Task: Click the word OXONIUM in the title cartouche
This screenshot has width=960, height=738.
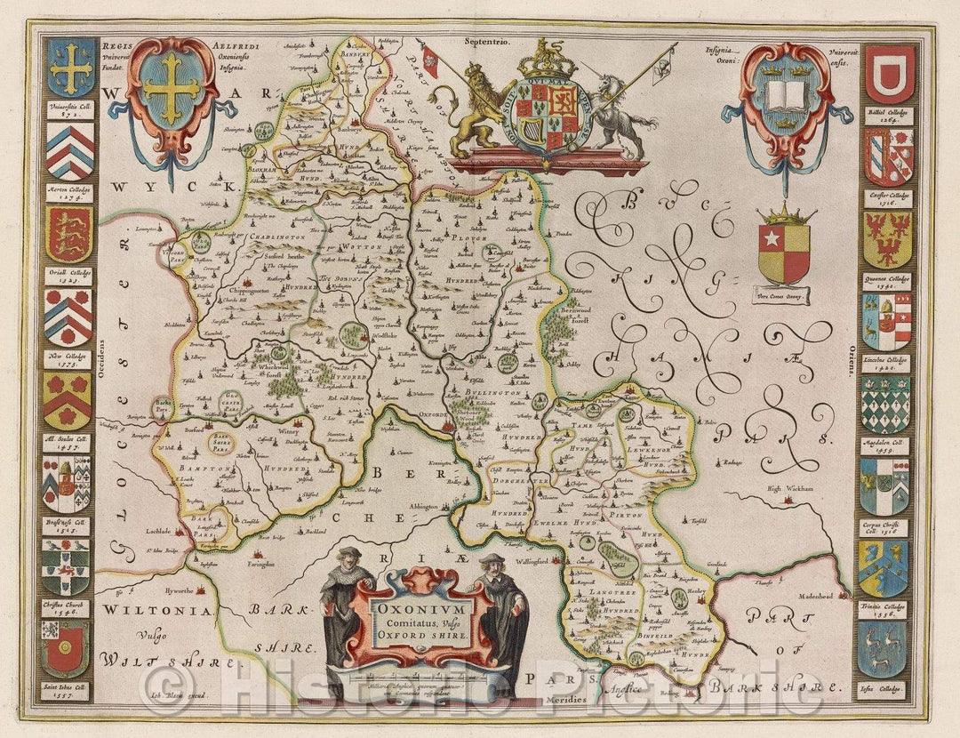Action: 419,612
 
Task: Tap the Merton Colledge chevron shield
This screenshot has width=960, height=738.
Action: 70,151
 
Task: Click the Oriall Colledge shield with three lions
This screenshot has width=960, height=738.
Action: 69,235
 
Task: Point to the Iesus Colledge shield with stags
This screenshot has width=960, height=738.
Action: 884,649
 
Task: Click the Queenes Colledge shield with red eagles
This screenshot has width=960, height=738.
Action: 886,239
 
